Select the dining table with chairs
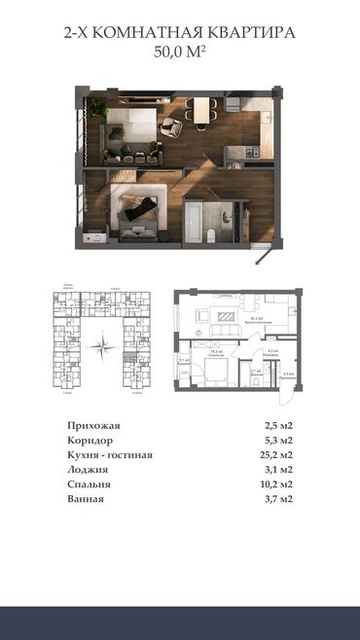[x=202, y=111]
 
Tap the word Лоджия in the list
[x=88, y=470]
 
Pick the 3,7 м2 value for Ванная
[x=279, y=499]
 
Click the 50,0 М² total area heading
[x=180, y=54]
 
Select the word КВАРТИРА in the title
[x=248, y=33]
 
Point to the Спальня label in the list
[x=89, y=484]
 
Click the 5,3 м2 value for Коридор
[x=279, y=441]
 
